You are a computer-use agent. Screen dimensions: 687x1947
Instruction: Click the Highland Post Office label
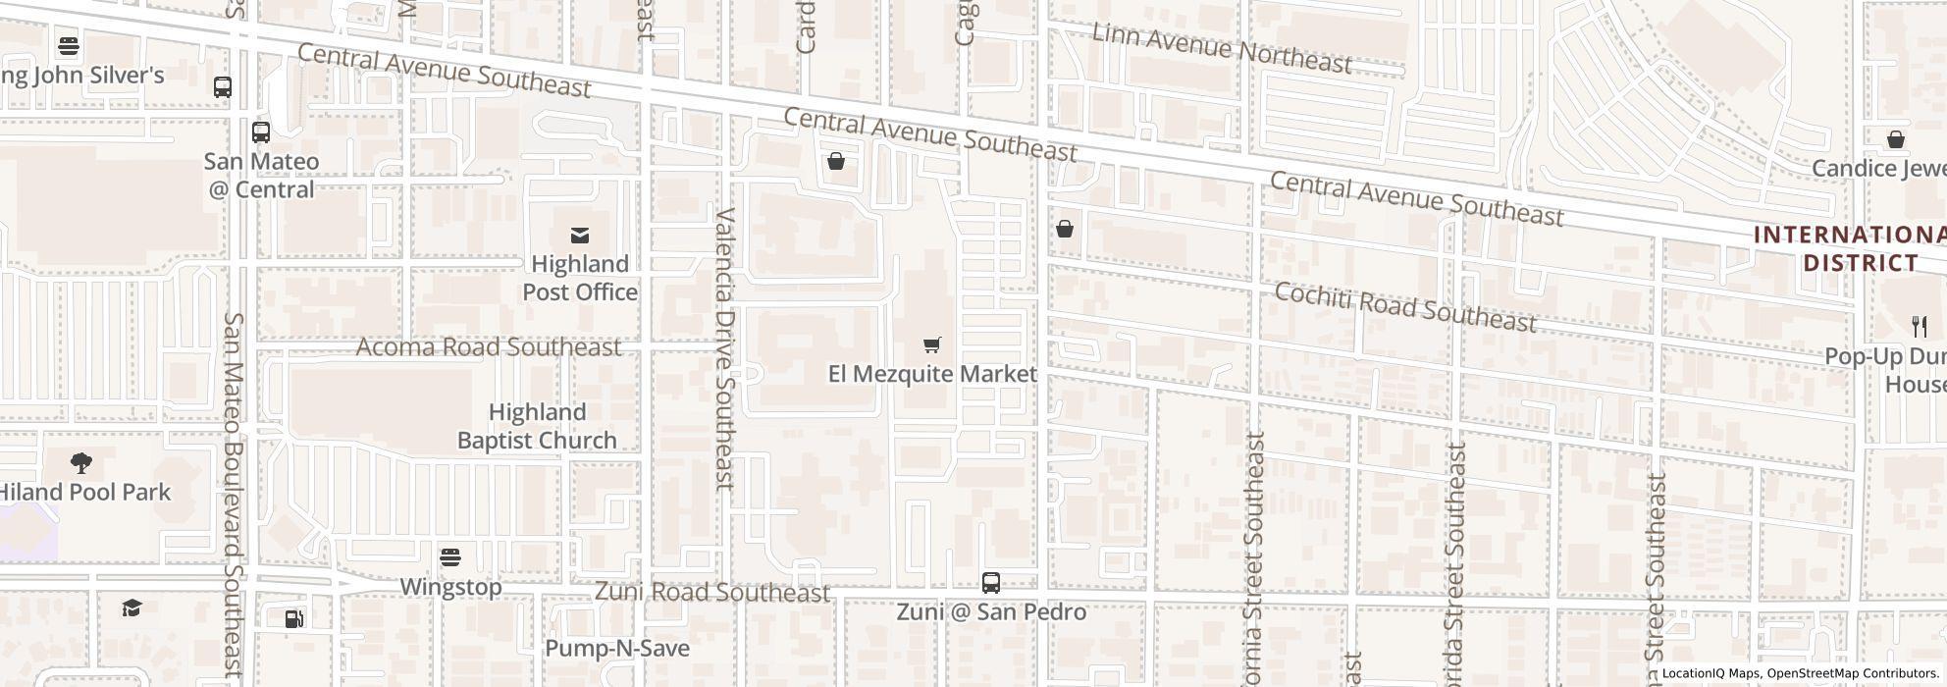click(x=579, y=278)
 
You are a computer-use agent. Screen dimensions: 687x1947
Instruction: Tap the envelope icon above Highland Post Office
click(x=580, y=236)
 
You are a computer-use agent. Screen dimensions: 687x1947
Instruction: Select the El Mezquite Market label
click(x=932, y=374)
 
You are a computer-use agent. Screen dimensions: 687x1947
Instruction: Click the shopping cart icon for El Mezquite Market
click(x=932, y=344)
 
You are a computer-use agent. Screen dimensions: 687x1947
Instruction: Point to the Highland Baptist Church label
click(x=537, y=426)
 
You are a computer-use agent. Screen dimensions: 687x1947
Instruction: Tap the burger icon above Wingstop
click(x=450, y=557)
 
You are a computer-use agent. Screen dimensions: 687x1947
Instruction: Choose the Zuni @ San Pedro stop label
click(x=991, y=611)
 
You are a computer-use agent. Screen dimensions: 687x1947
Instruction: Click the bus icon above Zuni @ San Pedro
click(x=991, y=583)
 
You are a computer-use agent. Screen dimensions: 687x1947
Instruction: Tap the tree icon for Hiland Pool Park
click(x=82, y=462)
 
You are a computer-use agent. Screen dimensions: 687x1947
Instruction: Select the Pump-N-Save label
click(x=616, y=648)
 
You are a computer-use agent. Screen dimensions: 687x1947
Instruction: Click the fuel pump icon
click(x=293, y=619)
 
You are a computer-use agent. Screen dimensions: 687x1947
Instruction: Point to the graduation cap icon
click(x=132, y=608)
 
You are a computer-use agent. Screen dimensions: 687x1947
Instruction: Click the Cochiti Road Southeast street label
click(x=1405, y=307)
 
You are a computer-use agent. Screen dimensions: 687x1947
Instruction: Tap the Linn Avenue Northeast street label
click(x=1222, y=48)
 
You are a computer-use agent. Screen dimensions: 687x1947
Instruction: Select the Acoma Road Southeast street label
click(x=488, y=347)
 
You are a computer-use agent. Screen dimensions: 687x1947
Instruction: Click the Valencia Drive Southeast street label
click(x=725, y=348)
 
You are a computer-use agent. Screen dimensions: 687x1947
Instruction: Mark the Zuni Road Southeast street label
click(x=712, y=592)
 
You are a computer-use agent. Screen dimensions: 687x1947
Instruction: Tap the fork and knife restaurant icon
click(x=1920, y=327)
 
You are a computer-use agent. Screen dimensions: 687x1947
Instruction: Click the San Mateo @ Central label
click(x=261, y=175)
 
